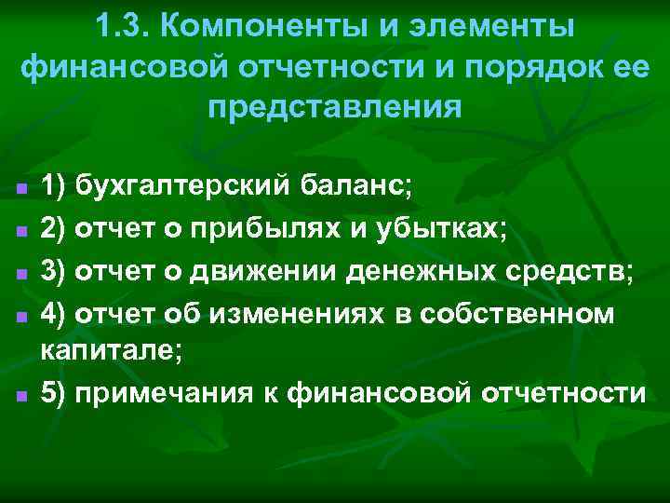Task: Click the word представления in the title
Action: [x=335, y=106]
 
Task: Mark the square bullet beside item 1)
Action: [x=20, y=189]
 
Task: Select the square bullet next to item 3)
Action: [x=20, y=274]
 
